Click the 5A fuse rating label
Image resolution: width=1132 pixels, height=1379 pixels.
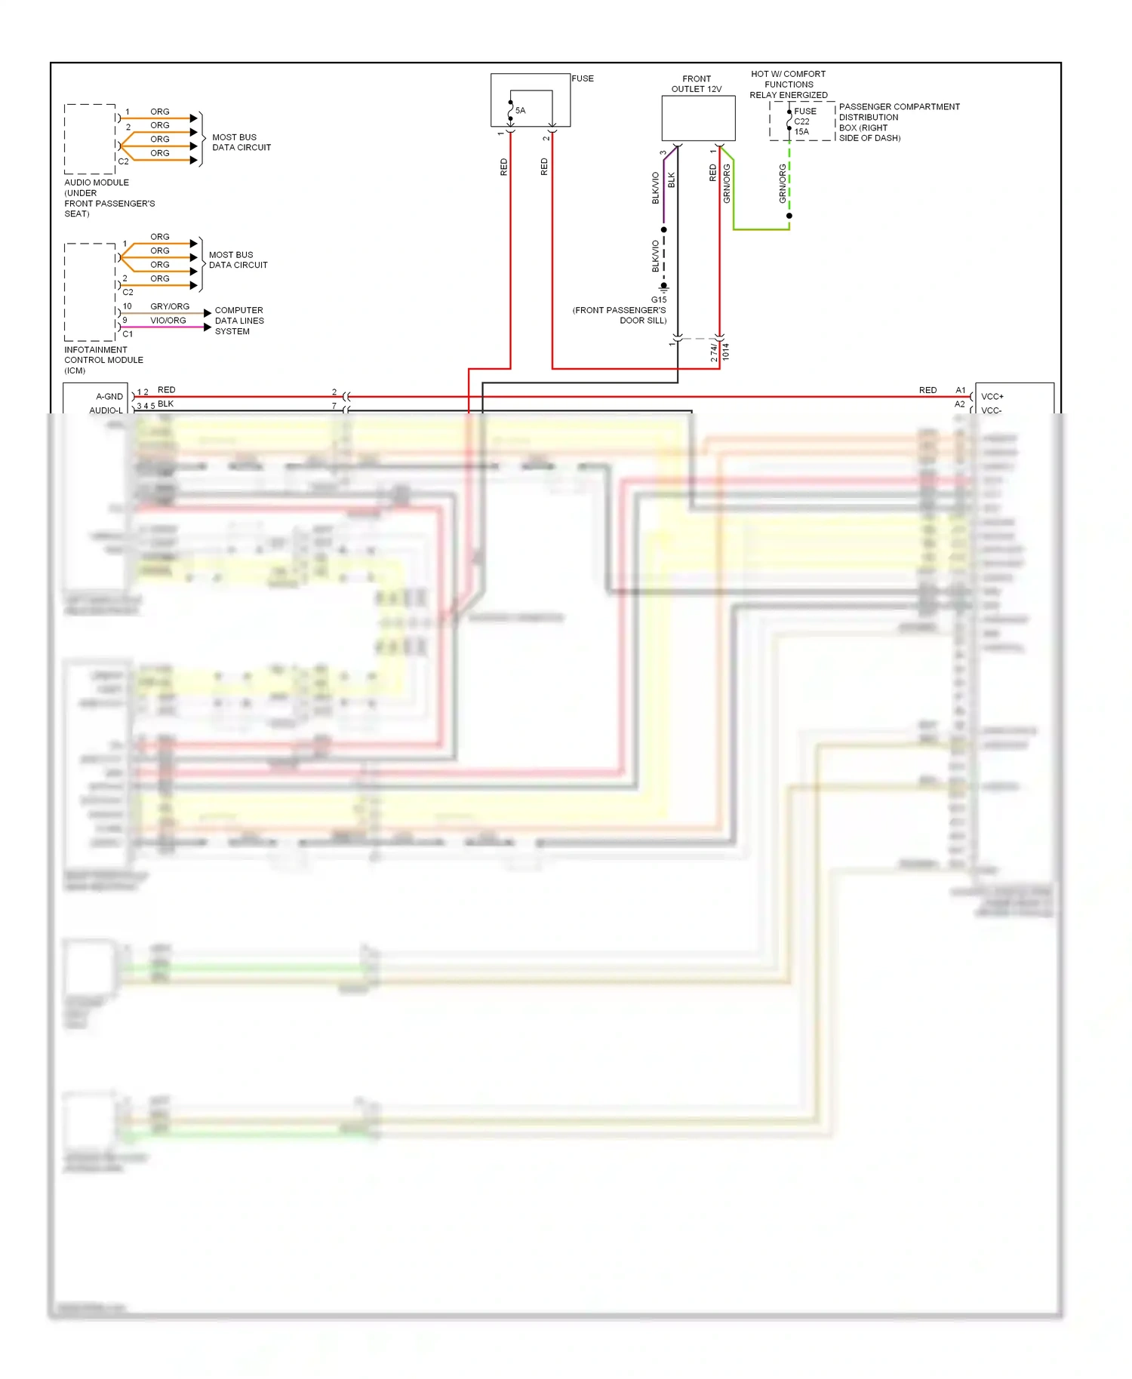click(x=520, y=110)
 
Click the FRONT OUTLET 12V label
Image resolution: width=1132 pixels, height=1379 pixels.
click(x=697, y=84)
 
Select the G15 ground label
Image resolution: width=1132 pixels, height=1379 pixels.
click(x=659, y=299)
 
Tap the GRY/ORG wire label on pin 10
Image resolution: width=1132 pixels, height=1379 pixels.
click(x=170, y=306)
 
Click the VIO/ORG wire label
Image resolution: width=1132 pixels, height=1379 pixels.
click(x=168, y=321)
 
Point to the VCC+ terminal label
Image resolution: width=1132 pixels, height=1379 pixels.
click(x=992, y=397)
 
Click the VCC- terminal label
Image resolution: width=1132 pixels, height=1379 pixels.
click(x=992, y=410)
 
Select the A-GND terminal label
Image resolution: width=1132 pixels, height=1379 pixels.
click(x=109, y=397)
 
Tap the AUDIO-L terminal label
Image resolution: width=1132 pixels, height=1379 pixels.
click(x=106, y=410)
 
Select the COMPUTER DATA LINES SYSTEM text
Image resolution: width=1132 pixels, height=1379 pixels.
click(x=239, y=321)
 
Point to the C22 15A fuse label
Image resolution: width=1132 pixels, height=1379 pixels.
click(x=801, y=127)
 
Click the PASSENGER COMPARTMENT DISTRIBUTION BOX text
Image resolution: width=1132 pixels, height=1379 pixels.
click(x=899, y=122)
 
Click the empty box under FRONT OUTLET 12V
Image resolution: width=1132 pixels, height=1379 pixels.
click(x=698, y=118)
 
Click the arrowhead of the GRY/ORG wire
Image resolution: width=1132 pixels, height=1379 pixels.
click(x=208, y=313)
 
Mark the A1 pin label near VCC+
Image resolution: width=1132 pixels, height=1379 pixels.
click(x=961, y=390)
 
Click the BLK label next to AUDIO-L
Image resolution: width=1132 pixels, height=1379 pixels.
click(x=165, y=404)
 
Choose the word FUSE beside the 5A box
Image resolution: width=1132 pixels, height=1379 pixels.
click(x=583, y=78)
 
